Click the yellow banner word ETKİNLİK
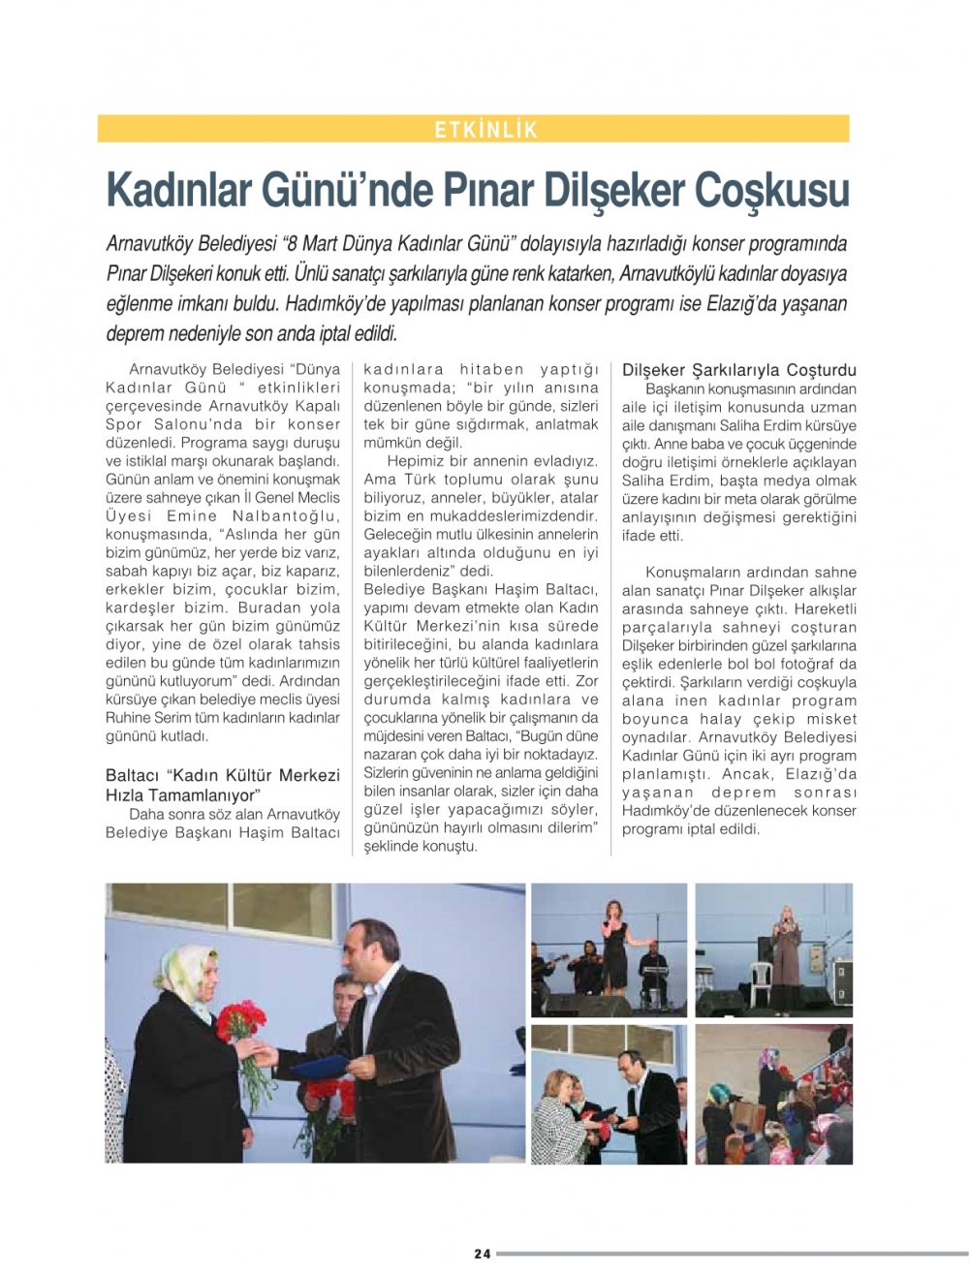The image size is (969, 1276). click(485, 130)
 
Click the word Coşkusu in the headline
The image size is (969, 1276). click(772, 190)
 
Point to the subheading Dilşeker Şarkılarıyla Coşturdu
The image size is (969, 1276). click(739, 370)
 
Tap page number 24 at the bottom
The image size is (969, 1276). click(483, 1254)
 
